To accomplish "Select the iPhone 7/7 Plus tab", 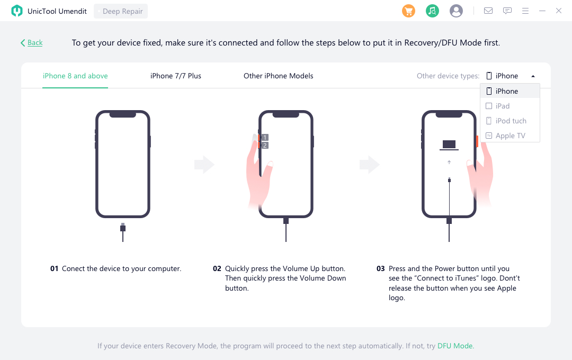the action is click(175, 76).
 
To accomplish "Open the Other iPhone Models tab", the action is click(279, 76).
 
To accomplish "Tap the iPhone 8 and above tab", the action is click(75, 76).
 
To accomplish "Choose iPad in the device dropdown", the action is click(502, 106).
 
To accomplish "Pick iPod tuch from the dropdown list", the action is click(511, 121).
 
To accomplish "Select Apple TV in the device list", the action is click(510, 136).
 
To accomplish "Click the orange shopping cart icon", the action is click(408, 11).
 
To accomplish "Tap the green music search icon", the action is click(432, 11).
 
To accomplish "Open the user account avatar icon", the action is click(456, 11).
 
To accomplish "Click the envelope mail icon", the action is click(488, 11).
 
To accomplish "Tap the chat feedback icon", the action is click(507, 11).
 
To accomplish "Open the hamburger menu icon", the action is click(525, 11).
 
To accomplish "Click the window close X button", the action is click(559, 11).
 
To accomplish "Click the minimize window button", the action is click(542, 11).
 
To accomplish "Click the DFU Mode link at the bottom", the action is click(455, 346).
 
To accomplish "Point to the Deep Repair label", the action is click(122, 11).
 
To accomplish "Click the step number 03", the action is click(380, 268).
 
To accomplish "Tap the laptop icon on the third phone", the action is click(449, 145).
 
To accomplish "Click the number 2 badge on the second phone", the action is click(265, 145).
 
